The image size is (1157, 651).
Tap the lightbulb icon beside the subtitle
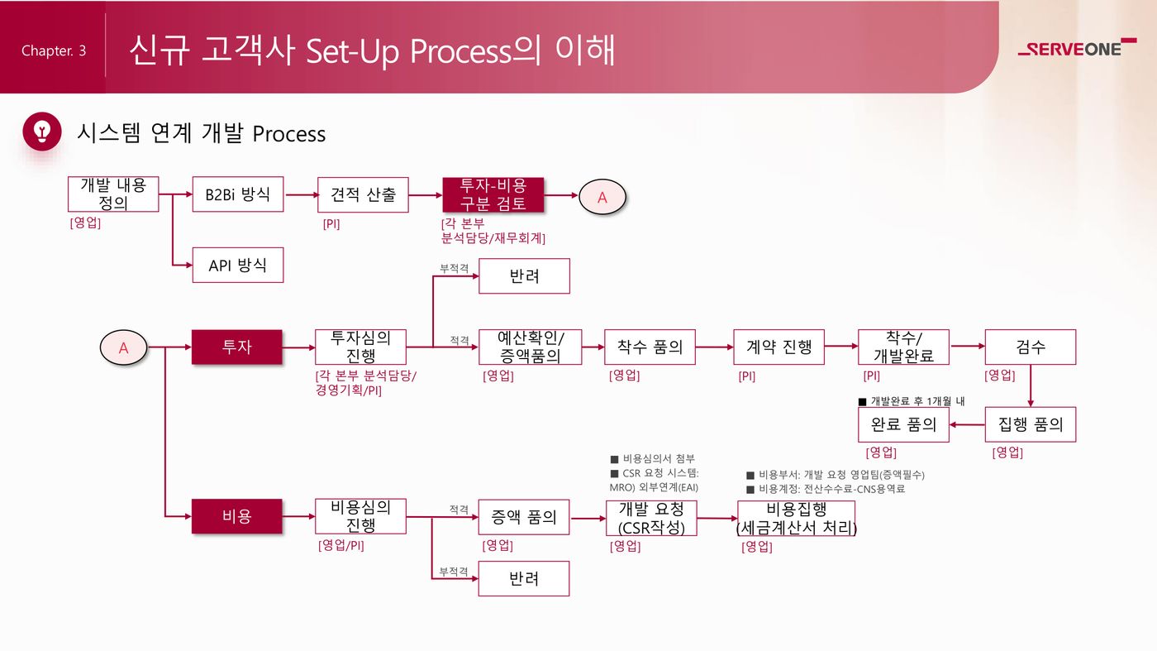coord(42,132)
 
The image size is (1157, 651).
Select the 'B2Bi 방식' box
coord(238,194)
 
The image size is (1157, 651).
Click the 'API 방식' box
coord(238,265)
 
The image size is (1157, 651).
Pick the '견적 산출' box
coord(363,194)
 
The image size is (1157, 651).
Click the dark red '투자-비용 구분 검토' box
coord(493,194)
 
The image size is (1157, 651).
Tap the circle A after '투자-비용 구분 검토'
coord(602,197)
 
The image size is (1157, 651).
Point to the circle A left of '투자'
coord(123,348)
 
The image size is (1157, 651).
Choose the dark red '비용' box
coord(236,516)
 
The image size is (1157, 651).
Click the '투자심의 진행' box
coord(360,347)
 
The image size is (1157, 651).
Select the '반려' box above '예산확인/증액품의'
coord(524,276)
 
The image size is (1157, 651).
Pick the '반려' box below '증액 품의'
coord(524,578)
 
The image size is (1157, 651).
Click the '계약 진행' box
coord(778,347)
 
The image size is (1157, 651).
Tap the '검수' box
coord(1030,347)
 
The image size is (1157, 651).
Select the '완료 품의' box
coord(903,424)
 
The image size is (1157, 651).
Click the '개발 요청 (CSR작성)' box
coord(651,518)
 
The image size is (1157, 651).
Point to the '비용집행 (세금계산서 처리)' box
coord(796,519)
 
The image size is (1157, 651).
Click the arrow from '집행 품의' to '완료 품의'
coord(967,425)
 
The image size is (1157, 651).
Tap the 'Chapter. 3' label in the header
coord(54,51)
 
